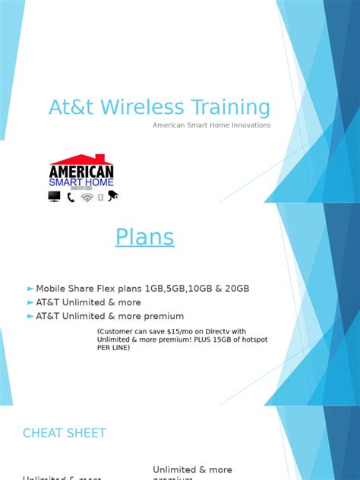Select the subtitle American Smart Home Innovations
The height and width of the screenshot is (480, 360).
(211, 125)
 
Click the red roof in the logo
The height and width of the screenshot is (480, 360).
(81, 160)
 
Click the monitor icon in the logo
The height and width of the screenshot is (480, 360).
(54, 197)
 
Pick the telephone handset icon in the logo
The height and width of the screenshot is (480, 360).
(71, 197)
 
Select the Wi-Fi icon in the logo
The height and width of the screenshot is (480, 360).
(87, 197)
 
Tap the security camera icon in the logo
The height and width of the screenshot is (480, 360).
(113, 196)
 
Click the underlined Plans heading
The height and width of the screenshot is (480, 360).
(144, 238)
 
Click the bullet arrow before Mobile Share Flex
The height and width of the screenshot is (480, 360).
(30, 289)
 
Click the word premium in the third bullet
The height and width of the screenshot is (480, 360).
(165, 316)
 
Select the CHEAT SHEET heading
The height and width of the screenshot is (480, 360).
(65, 433)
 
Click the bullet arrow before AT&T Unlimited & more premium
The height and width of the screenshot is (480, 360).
(30, 316)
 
